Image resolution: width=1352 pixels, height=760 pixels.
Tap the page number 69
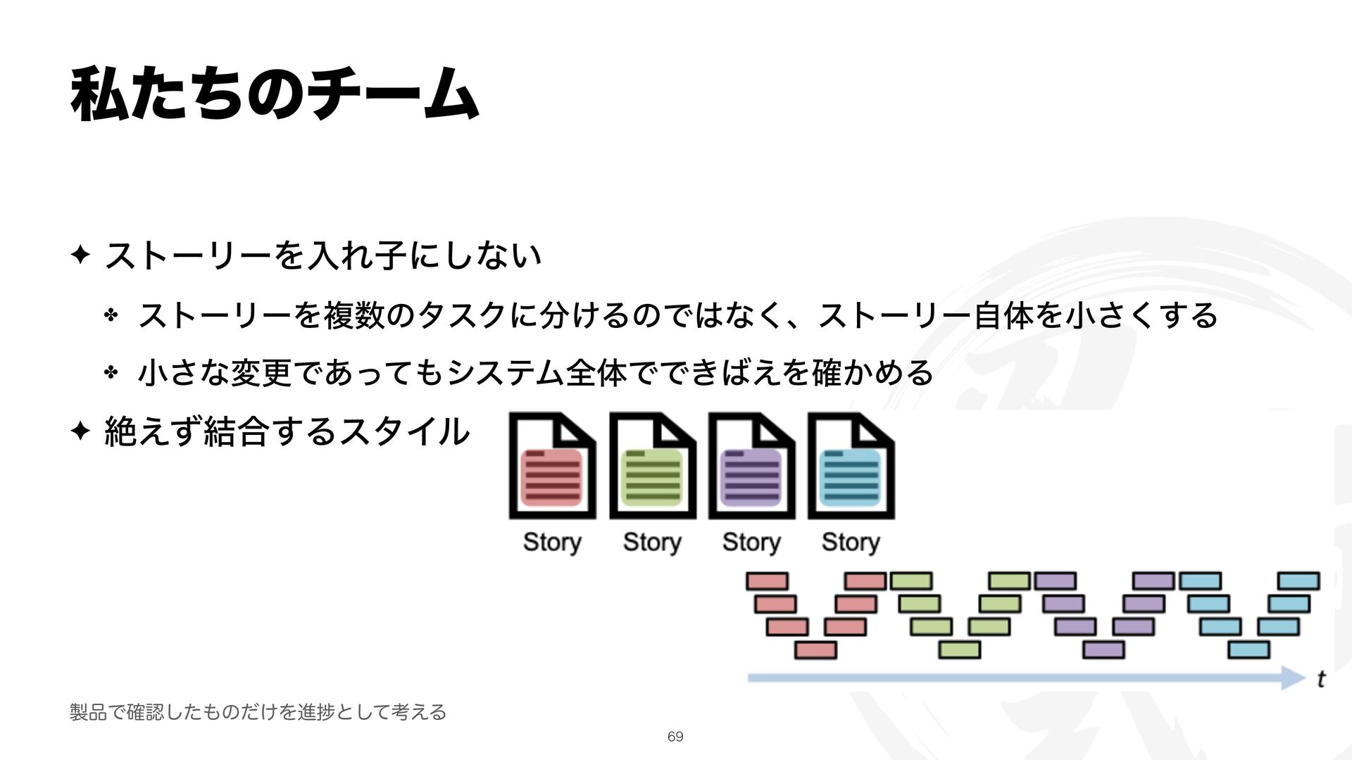(x=675, y=737)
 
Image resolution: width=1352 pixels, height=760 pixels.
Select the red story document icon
(x=552, y=467)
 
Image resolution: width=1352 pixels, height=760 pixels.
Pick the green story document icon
(x=652, y=467)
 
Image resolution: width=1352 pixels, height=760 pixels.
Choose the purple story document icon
(x=751, y=467)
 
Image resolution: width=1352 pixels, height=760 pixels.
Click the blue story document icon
(x=851, y=467)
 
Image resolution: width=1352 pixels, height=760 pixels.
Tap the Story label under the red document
(x=552, y=543)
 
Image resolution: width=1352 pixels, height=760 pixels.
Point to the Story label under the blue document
(x=851, y=543)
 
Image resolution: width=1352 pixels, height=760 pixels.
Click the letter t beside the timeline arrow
(x=1321, y=679)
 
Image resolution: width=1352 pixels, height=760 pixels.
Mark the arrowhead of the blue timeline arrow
(x=1294, y=678)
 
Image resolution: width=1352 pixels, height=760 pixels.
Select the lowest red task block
(x=815, y=650)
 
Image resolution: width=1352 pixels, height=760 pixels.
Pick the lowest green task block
(x=959, y=650)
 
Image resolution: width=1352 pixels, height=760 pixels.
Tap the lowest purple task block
(x=1103, y=650)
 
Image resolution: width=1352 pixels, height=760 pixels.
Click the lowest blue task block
(x=1248, y=650)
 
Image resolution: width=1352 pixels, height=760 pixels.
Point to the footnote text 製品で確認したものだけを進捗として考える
(x=258, y=712)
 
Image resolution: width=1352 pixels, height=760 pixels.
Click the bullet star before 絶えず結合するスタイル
(x=80, y=431)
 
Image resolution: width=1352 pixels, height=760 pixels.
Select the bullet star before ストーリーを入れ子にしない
(x=80, y=253)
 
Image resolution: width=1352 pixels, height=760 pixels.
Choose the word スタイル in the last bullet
(x=403, y=431)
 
